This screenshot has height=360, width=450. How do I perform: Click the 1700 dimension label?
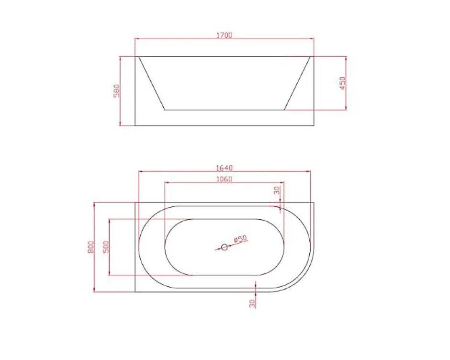224,35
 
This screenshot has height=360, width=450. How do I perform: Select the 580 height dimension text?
116,90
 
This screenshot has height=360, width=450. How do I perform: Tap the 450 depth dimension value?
343,83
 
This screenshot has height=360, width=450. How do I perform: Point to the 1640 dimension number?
224,168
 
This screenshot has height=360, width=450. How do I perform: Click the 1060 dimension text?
224,179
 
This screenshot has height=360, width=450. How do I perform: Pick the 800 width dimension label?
90,247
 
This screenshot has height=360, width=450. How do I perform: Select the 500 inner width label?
106,247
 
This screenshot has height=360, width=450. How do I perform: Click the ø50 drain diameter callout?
240,239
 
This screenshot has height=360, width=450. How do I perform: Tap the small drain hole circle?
225,247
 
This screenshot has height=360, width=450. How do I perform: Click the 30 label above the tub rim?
277,190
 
